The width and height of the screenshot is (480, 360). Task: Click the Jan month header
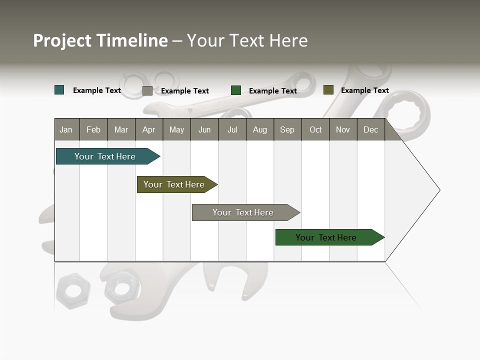tap(66, 129)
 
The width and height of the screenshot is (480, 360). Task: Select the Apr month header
tap(148, 129)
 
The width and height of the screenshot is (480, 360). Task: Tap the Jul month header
tap(232, 129)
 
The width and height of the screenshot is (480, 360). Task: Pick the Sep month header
tap(287, 129)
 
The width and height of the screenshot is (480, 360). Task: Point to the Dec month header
tap(370, 129)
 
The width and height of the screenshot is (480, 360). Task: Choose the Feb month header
tap(93, 129)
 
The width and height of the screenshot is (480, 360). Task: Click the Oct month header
tap(315, 129)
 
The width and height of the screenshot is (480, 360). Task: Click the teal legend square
tap(59, 90)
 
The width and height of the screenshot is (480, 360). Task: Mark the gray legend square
tap(147, 90)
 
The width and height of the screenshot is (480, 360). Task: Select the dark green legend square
tap(236, 90)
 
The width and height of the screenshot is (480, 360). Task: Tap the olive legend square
tap(328, 90)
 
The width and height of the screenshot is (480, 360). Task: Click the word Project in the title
tap(62, 40)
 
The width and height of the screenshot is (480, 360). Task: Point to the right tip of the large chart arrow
tap(439, 190)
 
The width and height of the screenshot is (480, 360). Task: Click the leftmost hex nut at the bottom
tap(73, 290)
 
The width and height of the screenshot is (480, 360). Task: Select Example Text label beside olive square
tap(364, 90)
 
